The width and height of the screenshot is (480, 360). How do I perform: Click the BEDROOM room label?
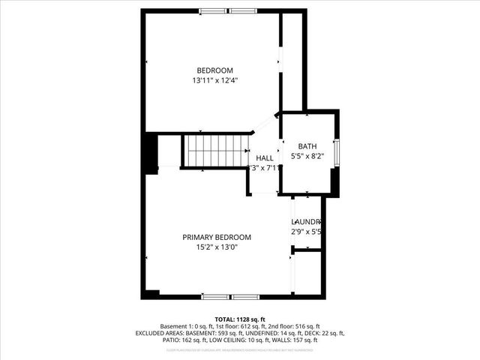tap(210, 70)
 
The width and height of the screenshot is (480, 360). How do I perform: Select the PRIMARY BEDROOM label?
tap(217, 237)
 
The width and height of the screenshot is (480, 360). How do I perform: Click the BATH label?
tap(307, 146)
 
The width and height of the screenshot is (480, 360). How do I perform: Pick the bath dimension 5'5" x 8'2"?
tap(307, 156)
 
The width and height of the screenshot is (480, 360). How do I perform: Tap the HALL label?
tap(265, 158)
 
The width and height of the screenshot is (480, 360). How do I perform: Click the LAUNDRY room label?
tap(307, 222)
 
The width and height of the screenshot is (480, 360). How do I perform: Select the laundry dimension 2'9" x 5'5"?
tap(307, 232)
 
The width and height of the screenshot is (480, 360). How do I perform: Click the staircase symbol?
tap(216, 151)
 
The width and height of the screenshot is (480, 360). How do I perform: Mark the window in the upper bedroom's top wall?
tap(228, 11)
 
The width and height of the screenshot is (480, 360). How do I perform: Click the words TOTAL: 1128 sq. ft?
tap(240, 319)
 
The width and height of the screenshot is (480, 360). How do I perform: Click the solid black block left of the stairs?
tap(153, 153)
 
